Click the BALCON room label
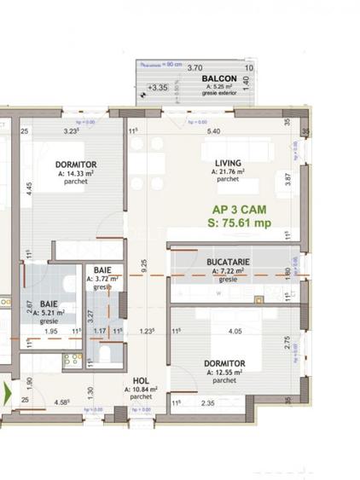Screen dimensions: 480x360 (x=219, y=78)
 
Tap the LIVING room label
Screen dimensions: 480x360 (x=227, y=163)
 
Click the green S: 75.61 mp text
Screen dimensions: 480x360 (x=239, y=223)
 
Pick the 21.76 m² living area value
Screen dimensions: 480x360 (x=229, y=171)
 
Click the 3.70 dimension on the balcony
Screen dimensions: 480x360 (x=195, y=67)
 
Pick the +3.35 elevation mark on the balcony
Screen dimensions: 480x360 (x=157, y=87)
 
